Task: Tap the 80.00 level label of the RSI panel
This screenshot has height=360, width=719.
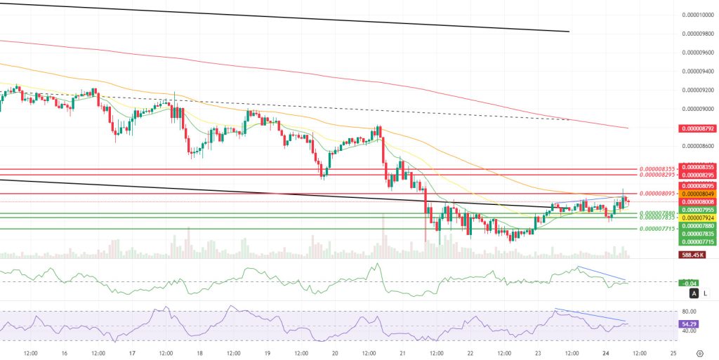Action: [690, 312]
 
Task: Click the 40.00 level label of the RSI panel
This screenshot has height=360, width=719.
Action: [690, 331]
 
